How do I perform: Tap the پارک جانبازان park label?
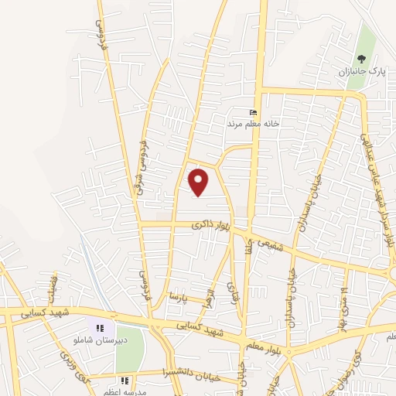360,72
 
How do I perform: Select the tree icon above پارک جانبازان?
360,59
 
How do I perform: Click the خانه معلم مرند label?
251,123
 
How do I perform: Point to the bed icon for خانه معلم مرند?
252,112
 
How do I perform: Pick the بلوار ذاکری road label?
210,225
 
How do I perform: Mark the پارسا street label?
179,296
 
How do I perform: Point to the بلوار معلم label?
267,343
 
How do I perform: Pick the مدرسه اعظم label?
125,391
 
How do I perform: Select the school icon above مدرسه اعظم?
125,381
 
